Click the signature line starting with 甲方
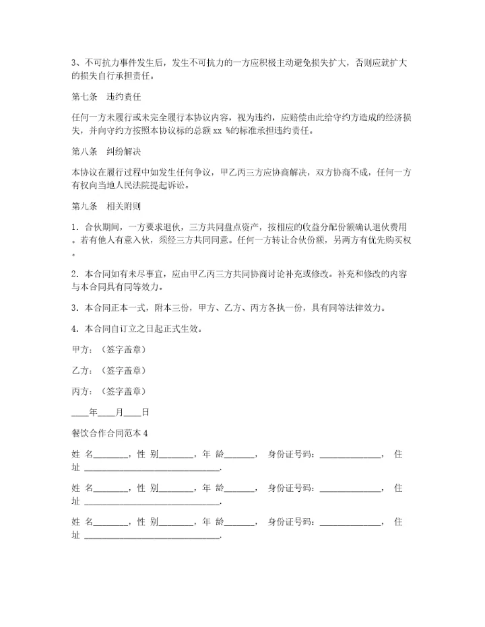(x=108, y=351)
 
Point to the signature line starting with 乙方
(x=108, y=371)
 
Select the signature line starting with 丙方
(x=108, y=391)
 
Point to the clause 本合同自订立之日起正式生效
(x=145, y=330)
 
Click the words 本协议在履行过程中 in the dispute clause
(x=112, y=173)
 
